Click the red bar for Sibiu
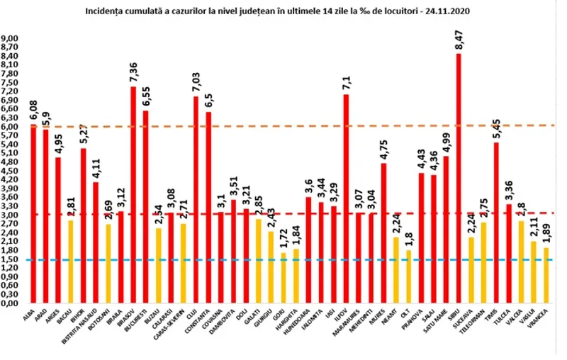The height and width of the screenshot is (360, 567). point(459,177)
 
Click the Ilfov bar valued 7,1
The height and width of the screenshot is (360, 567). point(346,198)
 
